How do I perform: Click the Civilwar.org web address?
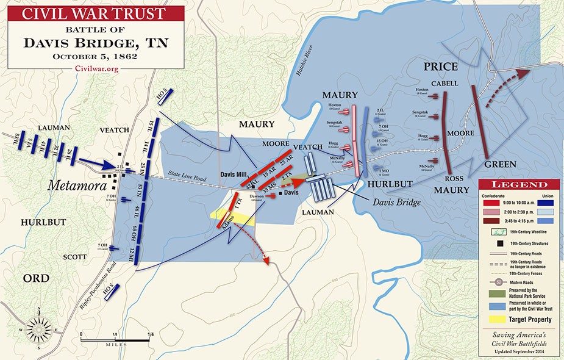(x=96, y=68)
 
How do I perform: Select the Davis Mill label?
(x=233, y=172)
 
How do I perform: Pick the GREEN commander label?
(x=500, y=165)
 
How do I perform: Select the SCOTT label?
(x=74, y=257)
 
